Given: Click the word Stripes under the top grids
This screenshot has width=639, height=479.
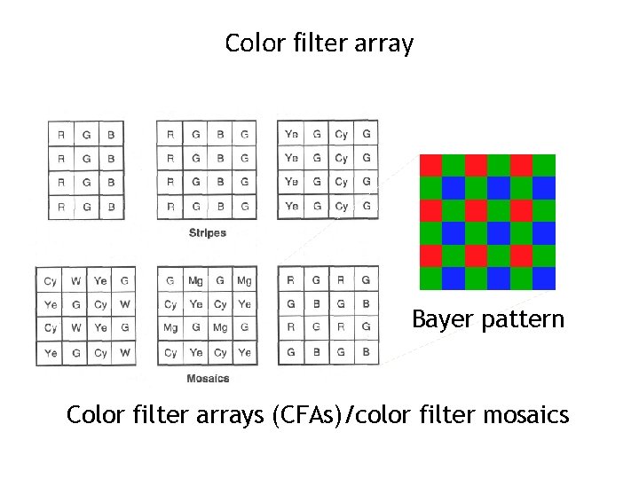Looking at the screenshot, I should click(x=207, y=233).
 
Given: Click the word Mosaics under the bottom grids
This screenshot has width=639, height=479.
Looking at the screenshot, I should click(x=208, y=379).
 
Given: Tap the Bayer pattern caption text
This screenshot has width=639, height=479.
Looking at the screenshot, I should click(x=487, y=319).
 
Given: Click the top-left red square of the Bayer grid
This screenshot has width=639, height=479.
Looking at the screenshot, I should click(x=430, y=165).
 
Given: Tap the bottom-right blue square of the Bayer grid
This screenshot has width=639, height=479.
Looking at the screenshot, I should click(x=544, y=279).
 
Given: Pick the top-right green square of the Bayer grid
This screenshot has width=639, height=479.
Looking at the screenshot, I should click(x=544, y=165).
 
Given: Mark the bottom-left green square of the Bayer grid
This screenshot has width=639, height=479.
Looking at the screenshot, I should click(x=430, y=279).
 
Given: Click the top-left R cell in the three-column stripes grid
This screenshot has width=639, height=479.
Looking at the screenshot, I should click(x=60, y=135).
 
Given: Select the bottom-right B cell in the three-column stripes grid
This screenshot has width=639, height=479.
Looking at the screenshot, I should click(x=110, y=207).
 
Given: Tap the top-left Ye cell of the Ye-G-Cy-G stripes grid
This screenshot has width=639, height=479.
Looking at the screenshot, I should click(x=291, y=135).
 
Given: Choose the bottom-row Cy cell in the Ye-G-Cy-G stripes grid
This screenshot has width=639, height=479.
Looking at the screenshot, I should click(x=342, y=207).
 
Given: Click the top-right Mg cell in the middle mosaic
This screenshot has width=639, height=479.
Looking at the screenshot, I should click(x=244, y=281).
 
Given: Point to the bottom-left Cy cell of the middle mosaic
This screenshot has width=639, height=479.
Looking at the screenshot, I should click(x=170, y=352).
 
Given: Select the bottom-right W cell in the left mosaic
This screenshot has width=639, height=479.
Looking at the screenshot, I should click(x=125, y=352).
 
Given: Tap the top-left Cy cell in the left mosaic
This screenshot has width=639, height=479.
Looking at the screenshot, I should click(x=50, y=281).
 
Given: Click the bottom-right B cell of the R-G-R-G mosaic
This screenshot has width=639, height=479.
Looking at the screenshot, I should click(x=366, y=352).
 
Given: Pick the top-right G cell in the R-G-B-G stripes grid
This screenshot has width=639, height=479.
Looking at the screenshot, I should click(x=244, y=135).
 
